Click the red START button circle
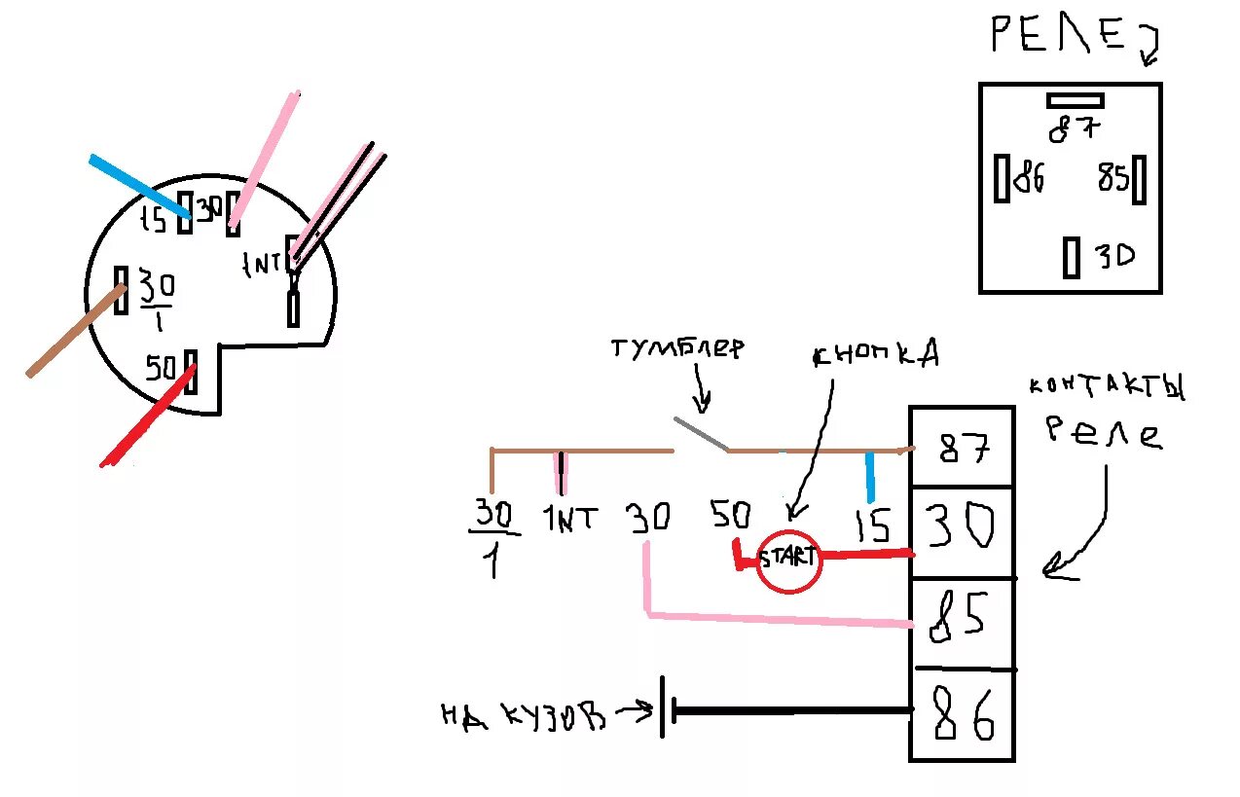tap(789, 560)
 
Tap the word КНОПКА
tap(875, 354)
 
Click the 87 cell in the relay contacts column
tap(962, 448)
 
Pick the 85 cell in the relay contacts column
tap(962, 622)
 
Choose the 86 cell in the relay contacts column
tap(962, 715)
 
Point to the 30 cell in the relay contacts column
tap(962, 530)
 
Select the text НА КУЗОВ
tap(523, 716)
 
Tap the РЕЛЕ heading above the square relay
tap(1062, 37)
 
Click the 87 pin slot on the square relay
tap(1075, 99)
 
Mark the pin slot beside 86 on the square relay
tap(1002, 179)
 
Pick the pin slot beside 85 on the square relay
tap(1140, 179)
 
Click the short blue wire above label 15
tap(870, 477)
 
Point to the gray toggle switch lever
tap(701, 435)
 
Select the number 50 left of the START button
tap(731, 515)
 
